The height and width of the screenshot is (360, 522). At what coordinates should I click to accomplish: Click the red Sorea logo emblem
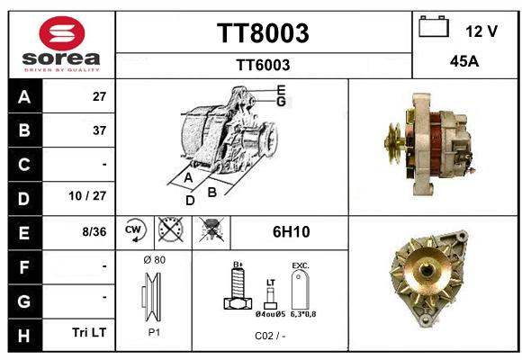(62, 33)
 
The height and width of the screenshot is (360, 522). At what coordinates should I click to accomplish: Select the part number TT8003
(263, 33)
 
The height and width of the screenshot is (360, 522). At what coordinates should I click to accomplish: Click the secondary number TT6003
(263, 65)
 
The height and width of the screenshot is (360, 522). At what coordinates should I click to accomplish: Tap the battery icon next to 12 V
(434, 26)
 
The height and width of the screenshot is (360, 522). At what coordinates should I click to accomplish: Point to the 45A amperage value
(464, 61)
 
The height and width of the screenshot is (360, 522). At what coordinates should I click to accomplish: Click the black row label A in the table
(25, 96)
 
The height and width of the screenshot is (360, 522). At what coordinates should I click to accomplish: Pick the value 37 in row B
(99, 130)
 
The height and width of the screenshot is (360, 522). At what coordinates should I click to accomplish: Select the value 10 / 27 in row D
(87, 196)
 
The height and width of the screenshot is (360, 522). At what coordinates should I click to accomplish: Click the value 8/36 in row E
(94, 232)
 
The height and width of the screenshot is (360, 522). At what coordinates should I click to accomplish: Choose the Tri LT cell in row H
(89, 332)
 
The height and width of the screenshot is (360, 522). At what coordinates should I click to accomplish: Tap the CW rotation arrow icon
(135, 230)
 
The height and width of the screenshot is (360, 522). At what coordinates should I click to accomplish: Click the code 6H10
(292, 232)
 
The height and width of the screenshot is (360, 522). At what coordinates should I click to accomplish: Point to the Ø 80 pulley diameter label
(154, 260)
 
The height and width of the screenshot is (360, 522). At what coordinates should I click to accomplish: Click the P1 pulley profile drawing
(152, 297)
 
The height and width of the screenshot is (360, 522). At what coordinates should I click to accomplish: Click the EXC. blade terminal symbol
(301, 290)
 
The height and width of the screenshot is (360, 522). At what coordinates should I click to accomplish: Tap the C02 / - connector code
(270, 336)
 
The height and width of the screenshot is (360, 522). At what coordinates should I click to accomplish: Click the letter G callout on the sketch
(281, 101)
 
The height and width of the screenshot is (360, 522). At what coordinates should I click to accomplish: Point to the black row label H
(23, 336)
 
